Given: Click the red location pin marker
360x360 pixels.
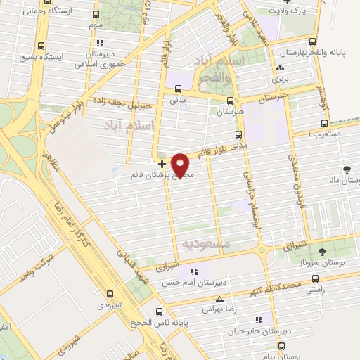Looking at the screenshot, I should (181, 164).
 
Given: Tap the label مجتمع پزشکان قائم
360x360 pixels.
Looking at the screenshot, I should (162, 174).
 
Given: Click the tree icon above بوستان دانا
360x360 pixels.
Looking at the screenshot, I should (347, 169).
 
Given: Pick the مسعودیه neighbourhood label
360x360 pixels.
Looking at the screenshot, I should (201, 242).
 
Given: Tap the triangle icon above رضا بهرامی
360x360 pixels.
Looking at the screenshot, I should (219, 298).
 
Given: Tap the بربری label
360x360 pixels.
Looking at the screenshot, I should (282, 80).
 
